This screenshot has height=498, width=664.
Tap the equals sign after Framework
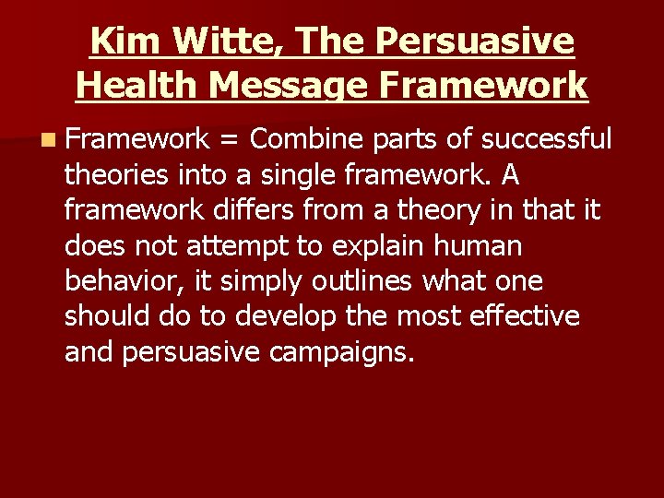(230, 139)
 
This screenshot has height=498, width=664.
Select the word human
(482, 246)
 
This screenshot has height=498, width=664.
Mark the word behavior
(119, 281)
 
